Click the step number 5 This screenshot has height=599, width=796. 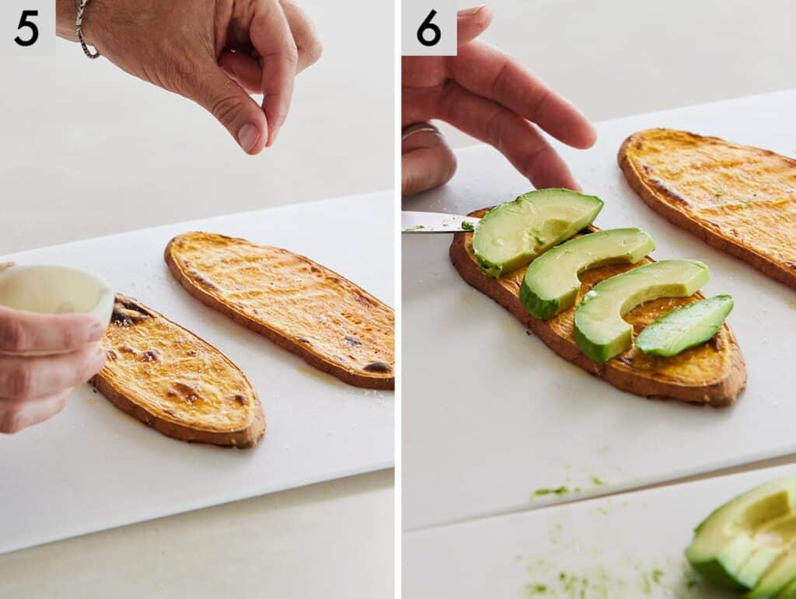pyautogui.click(x=26, y=28)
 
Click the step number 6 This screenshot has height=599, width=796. pyautogui.click(x=428, y=28)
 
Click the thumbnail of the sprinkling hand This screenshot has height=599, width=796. pyautogui.click(x=250, y=137)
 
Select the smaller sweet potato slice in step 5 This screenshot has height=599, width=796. pyautogui.click(x=179, y=373)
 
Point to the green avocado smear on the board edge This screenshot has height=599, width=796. pyautogui.click(x=552, y=490)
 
